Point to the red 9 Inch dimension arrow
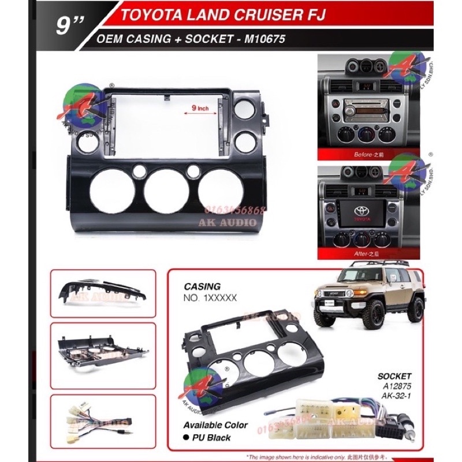[x=199, y=114]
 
